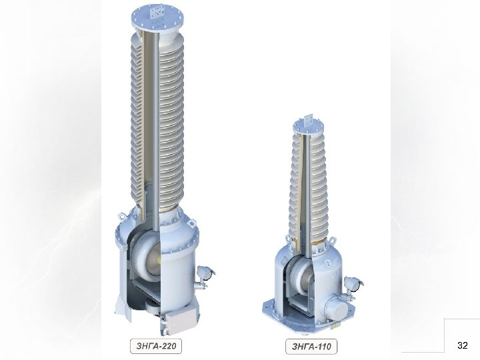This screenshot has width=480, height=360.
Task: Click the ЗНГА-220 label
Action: [156, 346]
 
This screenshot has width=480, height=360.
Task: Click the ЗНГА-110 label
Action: [311, 347]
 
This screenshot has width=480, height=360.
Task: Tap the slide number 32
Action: [462, 345]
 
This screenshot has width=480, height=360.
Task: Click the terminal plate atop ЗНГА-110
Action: [308, 120]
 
